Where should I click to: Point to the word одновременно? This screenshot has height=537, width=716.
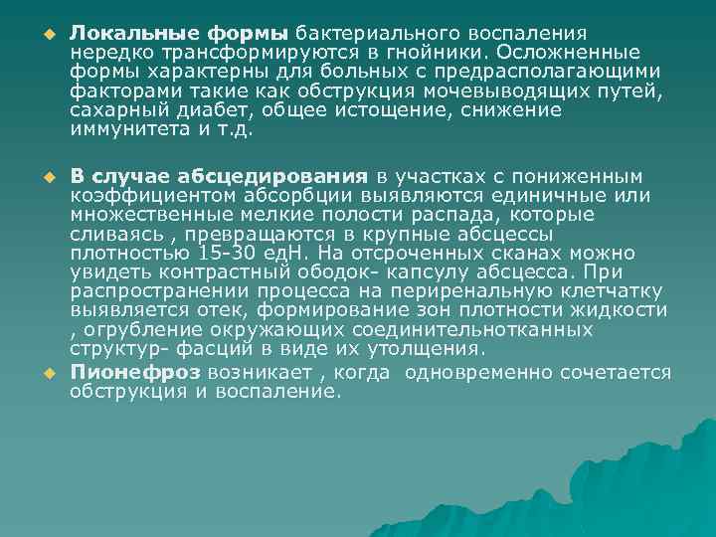tap(483, 372)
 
